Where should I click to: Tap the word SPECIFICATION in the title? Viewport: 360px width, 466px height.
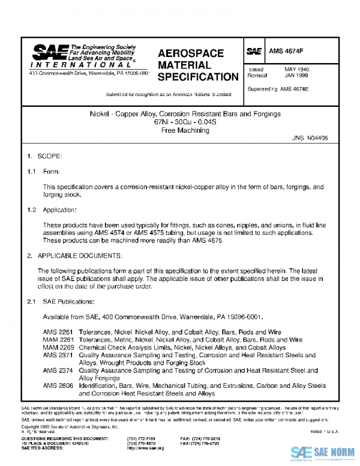coord(197,77)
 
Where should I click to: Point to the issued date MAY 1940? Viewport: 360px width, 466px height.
coord(296,70)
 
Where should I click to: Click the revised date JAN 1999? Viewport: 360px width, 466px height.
coord(296,76)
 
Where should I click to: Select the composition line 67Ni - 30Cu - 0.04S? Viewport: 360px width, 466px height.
coord(181,121)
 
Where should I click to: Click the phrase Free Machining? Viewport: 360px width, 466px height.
coord(181,129)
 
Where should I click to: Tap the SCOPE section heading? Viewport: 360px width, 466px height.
coord(50,156)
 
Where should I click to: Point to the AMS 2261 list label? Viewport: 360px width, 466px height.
coord(57,331)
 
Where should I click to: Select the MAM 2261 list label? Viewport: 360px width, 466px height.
coord(57,339)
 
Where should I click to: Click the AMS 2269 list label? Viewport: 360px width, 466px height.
coord(57,347)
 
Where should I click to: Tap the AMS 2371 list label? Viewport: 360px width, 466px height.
coord(57,355)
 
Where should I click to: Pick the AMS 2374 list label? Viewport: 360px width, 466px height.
coord(57,371)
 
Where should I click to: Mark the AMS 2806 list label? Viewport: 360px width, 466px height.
coord(57,386)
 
